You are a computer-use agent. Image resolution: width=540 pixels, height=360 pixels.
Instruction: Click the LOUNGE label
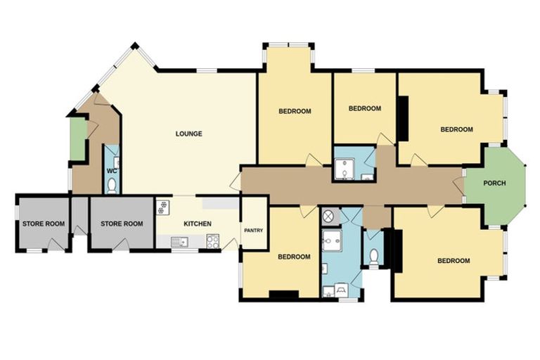188,134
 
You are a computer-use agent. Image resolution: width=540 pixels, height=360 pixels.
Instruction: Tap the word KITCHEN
198,224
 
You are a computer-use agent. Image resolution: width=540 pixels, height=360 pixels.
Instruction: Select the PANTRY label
253,230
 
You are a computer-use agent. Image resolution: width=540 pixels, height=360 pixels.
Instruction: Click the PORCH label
494,184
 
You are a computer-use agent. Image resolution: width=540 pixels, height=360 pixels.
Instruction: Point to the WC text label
111,171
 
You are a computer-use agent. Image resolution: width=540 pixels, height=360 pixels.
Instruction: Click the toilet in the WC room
112,186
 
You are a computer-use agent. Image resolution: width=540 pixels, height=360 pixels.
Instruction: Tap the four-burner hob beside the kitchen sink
212,242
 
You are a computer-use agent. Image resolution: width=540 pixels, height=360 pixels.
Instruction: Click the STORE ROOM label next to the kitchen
122,224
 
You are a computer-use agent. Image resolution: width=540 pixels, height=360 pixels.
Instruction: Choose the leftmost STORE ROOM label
43,224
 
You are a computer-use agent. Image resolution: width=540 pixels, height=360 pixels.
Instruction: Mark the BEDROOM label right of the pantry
294,257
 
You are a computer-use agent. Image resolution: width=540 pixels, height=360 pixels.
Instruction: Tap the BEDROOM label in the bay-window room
295,111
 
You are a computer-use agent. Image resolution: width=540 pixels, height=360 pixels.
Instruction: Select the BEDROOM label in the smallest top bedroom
365,108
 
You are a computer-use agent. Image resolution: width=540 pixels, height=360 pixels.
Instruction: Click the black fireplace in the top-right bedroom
404,120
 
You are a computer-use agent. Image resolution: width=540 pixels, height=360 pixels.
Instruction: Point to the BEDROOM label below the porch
454,261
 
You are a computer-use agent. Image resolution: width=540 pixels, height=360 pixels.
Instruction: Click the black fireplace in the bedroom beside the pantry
284,295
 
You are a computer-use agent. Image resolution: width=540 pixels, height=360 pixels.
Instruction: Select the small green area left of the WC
77,139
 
